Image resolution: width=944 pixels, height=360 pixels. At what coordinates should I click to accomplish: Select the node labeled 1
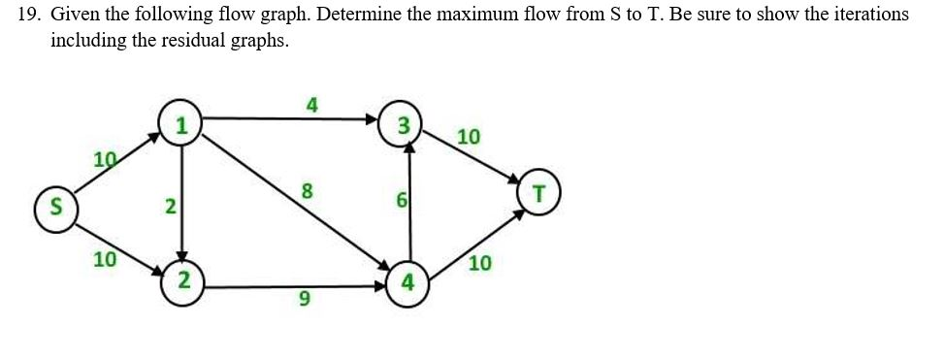point(180,123)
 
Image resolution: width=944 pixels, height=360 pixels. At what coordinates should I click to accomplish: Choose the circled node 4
point(407,283)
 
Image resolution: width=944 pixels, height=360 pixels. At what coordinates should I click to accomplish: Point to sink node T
point(538,192)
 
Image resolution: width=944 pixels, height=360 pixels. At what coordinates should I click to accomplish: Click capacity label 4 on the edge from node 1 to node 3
point(310,105)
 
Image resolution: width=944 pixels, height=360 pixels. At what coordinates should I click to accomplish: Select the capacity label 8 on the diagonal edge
point(307,192)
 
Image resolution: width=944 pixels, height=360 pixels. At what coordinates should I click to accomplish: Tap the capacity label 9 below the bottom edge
point(305,302)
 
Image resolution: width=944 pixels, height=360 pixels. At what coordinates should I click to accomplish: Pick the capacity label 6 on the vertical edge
point(400,202)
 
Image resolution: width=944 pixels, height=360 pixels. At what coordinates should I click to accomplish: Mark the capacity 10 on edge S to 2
point(104,259)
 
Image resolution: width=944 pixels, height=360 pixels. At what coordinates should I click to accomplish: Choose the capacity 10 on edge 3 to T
point(468,137)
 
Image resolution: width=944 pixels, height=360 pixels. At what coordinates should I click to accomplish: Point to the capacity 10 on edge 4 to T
point(480,262)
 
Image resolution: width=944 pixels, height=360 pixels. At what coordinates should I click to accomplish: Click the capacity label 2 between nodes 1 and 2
point(170,206)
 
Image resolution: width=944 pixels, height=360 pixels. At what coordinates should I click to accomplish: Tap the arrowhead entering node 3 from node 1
point(372,119)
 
